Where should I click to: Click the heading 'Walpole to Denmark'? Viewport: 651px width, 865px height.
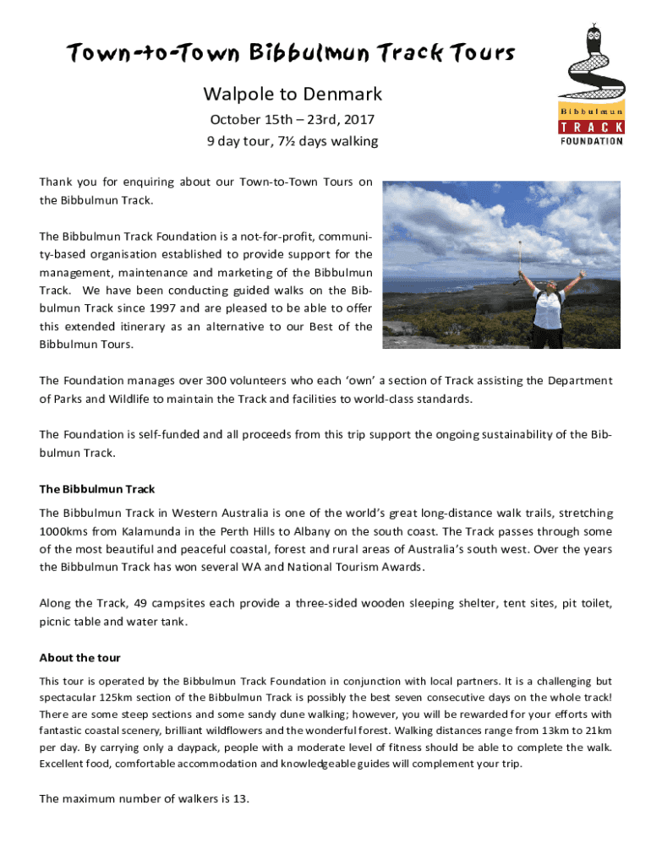click(293, 94)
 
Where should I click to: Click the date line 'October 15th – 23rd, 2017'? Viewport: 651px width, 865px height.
click(293, 120)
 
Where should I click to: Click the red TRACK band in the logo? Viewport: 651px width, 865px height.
click(591, 127)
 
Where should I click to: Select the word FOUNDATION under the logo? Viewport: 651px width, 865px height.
click(591, 141)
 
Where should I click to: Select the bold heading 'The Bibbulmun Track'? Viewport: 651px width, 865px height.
click(96, 489)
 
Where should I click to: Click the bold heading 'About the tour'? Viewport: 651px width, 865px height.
click(79, 658)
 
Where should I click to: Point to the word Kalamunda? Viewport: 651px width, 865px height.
click(152, 531)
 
